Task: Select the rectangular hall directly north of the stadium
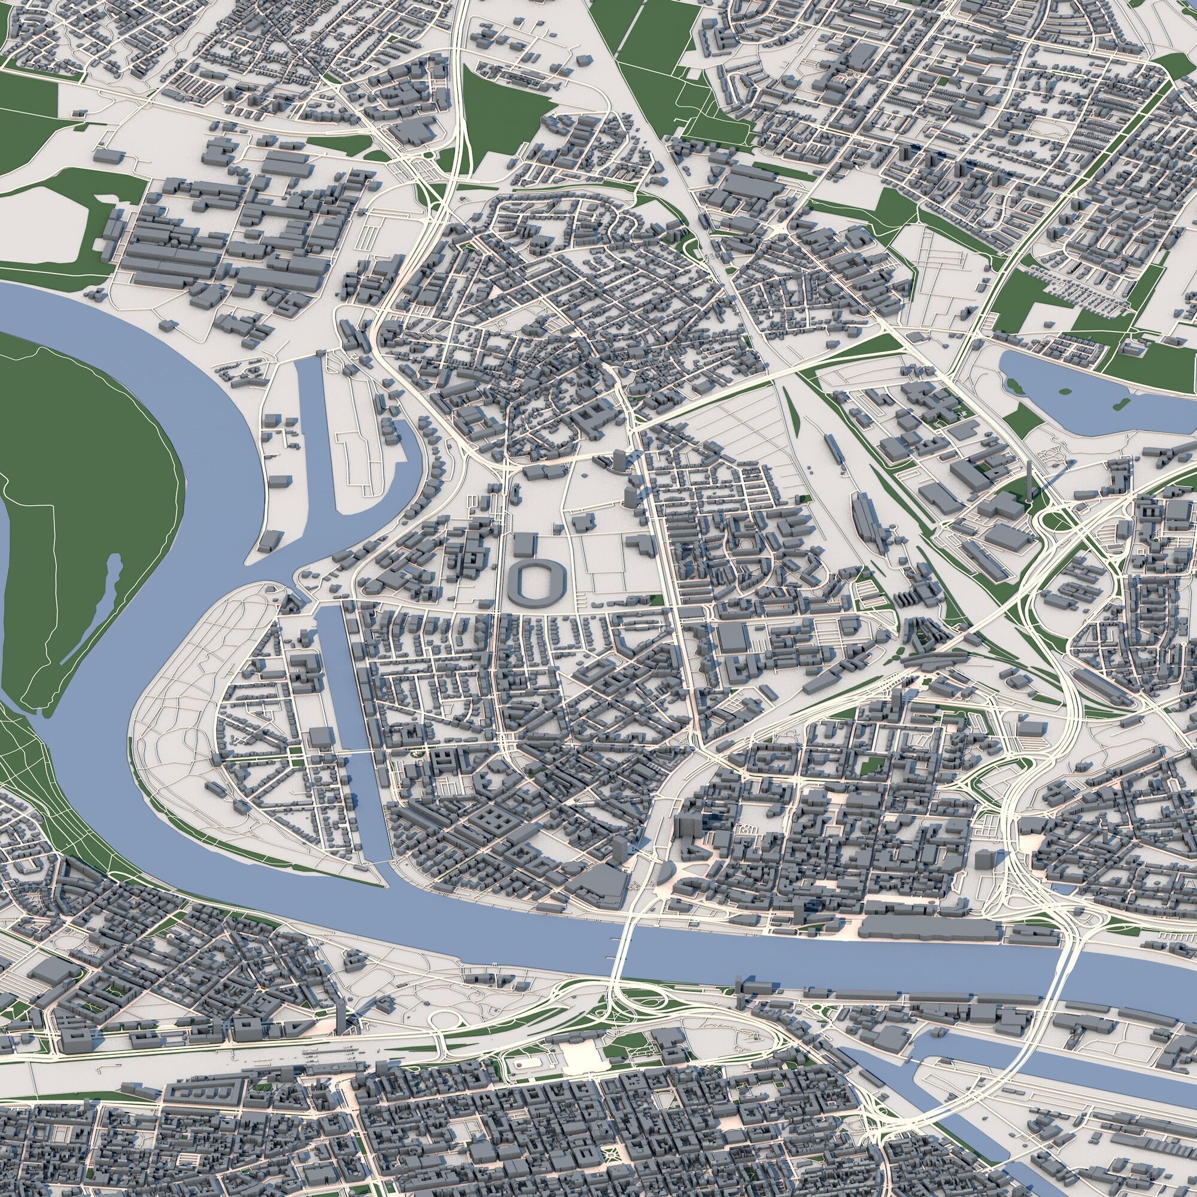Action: (524, 545)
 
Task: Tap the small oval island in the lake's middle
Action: (1065, 391)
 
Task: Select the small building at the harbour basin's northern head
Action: (320, 353)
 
